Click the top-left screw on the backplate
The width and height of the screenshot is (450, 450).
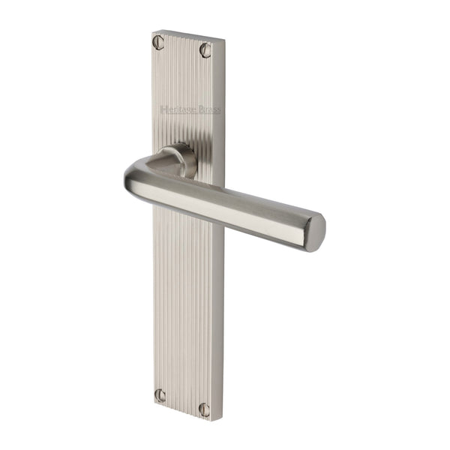coord(158,42)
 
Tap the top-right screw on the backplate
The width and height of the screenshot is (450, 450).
coord(205,49)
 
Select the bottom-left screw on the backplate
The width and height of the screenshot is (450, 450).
coord(159,394)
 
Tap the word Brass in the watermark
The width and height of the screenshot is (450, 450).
coord(208,110)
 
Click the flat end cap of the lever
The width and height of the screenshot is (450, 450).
coord(317,232)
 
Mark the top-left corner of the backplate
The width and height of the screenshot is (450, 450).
coord(153,31)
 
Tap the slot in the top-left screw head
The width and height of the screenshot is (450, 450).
coord(158,42)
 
